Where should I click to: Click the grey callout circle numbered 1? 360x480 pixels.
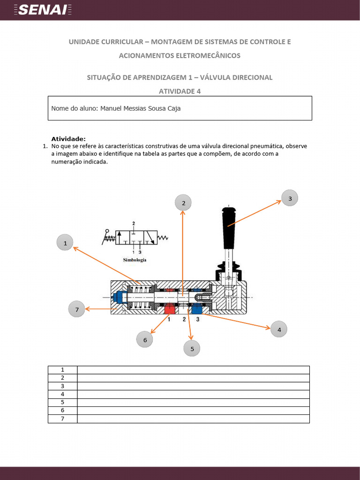(x=65, y=243)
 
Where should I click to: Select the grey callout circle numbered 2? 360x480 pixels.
(x=183, y=203)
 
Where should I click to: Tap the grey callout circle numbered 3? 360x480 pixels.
(x=290, y=198)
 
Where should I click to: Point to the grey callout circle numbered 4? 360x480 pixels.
(x=279, y=330)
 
